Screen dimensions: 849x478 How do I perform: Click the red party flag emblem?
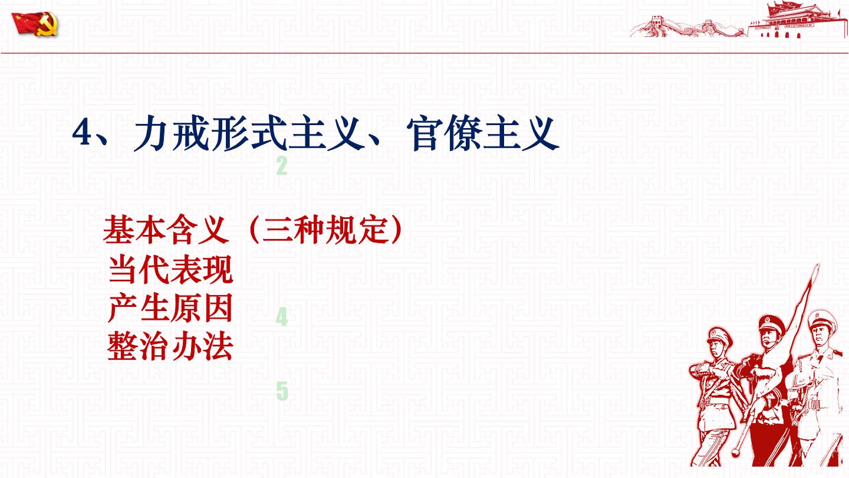pyautogui.click(x=34, y=24)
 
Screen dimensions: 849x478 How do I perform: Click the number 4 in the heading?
pyautogui.click(x=82, y=133)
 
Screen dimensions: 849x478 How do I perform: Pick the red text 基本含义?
pyautogui.click(x=166, y=229)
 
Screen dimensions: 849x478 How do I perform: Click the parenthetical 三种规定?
pyautogui.click(x=325, y=229)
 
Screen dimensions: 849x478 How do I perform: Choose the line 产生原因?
pyautogui.click(x=170, y=308)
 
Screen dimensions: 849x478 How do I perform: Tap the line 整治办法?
pyautogui.click(x=170, y=346)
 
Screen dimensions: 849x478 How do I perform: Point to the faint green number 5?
pyautogui.click(x=282, y=391)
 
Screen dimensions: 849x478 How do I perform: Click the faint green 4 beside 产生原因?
pyautogui.click(x=282, y=317)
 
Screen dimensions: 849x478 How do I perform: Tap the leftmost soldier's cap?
pyautogui.click(x=719, y=336)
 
